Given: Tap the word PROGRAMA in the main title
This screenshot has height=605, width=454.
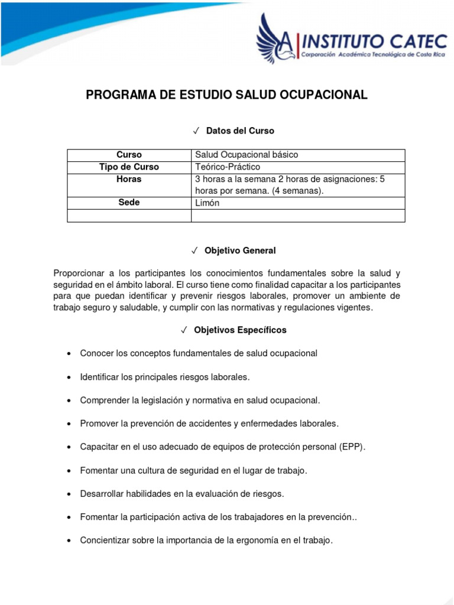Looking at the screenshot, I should click(116, 95).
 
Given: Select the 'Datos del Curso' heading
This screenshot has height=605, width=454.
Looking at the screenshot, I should click(240, 131).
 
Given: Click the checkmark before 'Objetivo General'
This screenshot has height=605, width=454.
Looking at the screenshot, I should click(195, 251).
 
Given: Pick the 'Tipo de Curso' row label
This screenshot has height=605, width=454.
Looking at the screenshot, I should click(129, 167).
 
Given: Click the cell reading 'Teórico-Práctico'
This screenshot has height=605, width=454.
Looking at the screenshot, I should click(228, 167).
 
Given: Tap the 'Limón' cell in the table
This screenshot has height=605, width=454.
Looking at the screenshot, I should click(207, 203).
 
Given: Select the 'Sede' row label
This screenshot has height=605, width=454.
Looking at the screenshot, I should click(129, 203).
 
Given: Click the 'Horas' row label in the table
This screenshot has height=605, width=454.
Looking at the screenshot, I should click(129, 179).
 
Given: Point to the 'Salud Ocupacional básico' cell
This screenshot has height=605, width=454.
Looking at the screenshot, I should click(247, 155).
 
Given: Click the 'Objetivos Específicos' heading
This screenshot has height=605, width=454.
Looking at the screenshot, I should click(240, 330).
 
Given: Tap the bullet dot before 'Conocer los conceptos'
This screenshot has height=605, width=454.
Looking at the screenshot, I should click(69, 354).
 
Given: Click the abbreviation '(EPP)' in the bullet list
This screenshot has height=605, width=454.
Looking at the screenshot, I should click(353, 447).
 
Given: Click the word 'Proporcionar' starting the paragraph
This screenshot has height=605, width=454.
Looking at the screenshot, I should click(77, 274).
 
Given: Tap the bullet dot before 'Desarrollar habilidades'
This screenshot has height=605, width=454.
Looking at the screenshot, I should click(69, 493).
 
